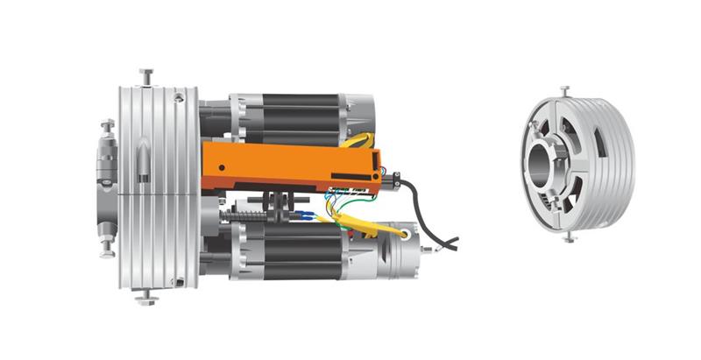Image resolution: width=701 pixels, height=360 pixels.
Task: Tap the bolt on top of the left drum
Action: [x=145, y=77]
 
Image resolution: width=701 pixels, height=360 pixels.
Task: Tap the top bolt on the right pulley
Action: [x=565, y=90]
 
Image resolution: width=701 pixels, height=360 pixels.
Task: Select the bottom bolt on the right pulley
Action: [x=570, y=236]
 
